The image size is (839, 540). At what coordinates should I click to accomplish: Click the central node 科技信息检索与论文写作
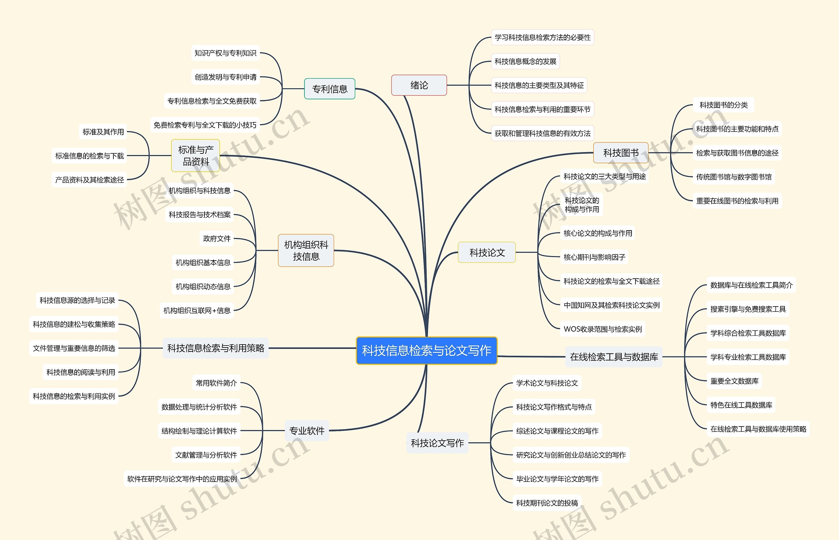pos(426,350)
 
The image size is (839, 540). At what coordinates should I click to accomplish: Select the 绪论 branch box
pos(419,85)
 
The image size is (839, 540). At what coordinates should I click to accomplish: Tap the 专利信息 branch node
pos(329,89)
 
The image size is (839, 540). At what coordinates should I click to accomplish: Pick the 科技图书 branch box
pos(621,153)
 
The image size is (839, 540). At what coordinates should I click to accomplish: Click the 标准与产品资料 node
pos(196,156)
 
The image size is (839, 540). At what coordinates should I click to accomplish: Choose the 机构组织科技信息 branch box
pos(306,250)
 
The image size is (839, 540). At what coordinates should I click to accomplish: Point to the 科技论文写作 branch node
pos(438,443)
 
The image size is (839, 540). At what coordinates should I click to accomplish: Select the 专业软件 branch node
pos(307,430)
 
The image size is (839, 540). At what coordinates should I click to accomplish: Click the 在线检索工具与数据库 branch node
pos(614,357)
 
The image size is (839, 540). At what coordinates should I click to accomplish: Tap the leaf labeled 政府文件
pos(217,239)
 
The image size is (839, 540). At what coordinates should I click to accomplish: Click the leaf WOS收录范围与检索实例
pos(602,329)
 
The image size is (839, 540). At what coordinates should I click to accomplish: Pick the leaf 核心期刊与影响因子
pos(594,257)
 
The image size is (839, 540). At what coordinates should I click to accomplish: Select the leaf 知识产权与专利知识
pos(225,53)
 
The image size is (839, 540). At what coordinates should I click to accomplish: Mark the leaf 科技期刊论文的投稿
pos(547,503)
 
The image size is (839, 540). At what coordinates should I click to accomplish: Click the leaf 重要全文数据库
pos(734,381)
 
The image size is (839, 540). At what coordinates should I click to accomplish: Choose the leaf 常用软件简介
pos(216,383)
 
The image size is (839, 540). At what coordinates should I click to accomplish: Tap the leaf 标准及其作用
pos(103,132)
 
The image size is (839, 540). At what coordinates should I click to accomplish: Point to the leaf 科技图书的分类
pos(723,105)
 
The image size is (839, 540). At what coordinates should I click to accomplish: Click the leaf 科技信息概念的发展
pos(525,61)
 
